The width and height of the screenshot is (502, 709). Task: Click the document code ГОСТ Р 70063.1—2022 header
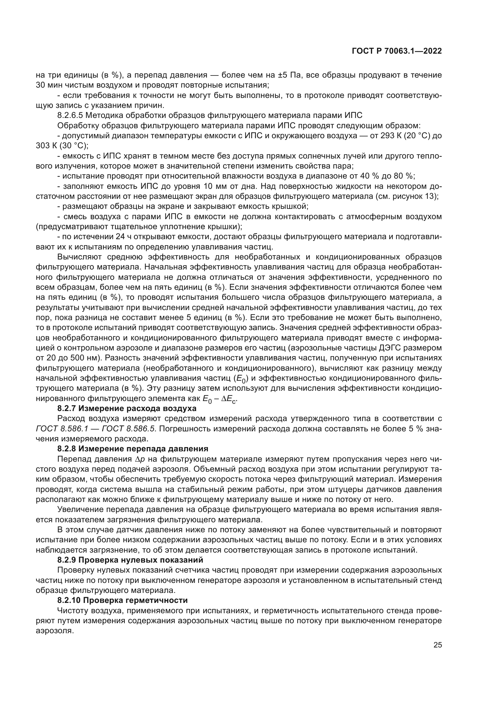pyautogui.click(x=397, y=51)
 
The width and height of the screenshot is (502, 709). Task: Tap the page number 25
pyautogui.click(x=437, y=645)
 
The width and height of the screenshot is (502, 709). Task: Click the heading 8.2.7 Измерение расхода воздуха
pyautogui.click(x=127, y=409)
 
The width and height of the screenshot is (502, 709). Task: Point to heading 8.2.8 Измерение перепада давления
pyautogui.click(x=133, y=449)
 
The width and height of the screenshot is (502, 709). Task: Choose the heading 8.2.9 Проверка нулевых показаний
pyautogui.click(x=130, y=560)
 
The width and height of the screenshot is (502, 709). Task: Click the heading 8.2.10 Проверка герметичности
pyautogui.click(x=122, y=600)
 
